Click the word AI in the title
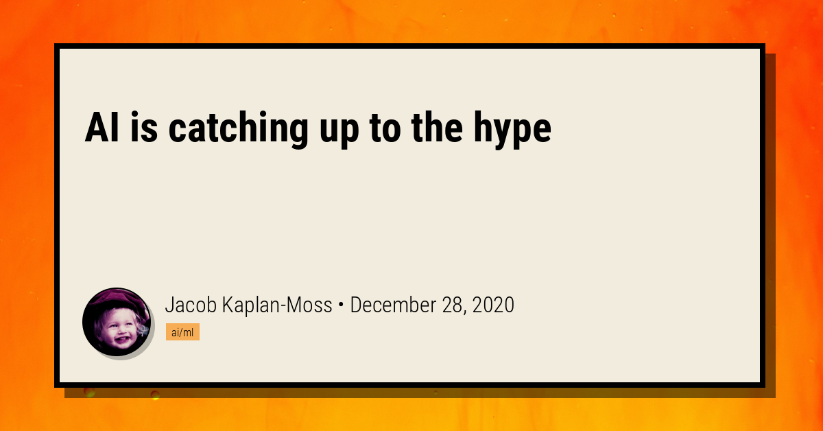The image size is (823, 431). (102, 127)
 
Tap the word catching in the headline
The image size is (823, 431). (238, 130)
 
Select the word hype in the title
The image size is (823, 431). (512, 130)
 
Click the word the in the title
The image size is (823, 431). (438, 127)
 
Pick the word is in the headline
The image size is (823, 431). (144, 127)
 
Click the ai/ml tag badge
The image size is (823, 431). (182, 332)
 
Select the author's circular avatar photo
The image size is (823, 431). (117, 322)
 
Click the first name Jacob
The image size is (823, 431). (191, 305)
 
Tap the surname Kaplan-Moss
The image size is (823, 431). (277, 305)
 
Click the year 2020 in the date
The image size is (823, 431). (493, 305)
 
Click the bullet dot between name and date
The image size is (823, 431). (341, 305)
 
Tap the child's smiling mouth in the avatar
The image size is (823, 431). (121, 339)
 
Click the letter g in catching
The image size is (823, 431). (297, 134)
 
